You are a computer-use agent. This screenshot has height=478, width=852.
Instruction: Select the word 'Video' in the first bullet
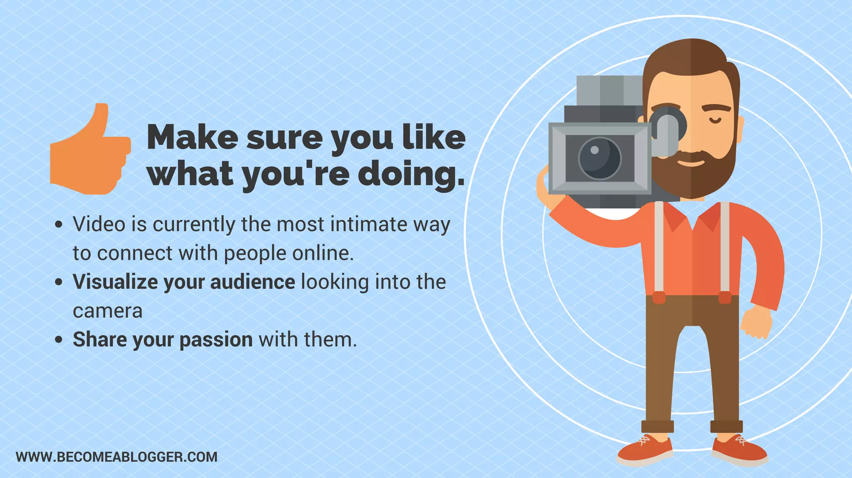[x=99, y=224]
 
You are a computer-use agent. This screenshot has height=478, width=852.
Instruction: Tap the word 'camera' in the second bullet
[x=107, y=311]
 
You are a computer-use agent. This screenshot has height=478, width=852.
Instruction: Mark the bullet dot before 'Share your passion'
[x=59, y=340]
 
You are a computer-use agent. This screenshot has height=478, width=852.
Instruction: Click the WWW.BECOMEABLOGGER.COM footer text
[x=116, y=457]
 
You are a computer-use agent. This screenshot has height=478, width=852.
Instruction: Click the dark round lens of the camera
[x=599, y=158]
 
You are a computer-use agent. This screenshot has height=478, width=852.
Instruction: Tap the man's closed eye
[x=715, y=121]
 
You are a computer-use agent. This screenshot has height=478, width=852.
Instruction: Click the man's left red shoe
[x=645, y=451]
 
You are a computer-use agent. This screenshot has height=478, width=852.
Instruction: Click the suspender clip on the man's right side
[x=725, y=297]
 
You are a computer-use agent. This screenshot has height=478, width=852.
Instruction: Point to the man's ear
[x=741, y=129]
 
